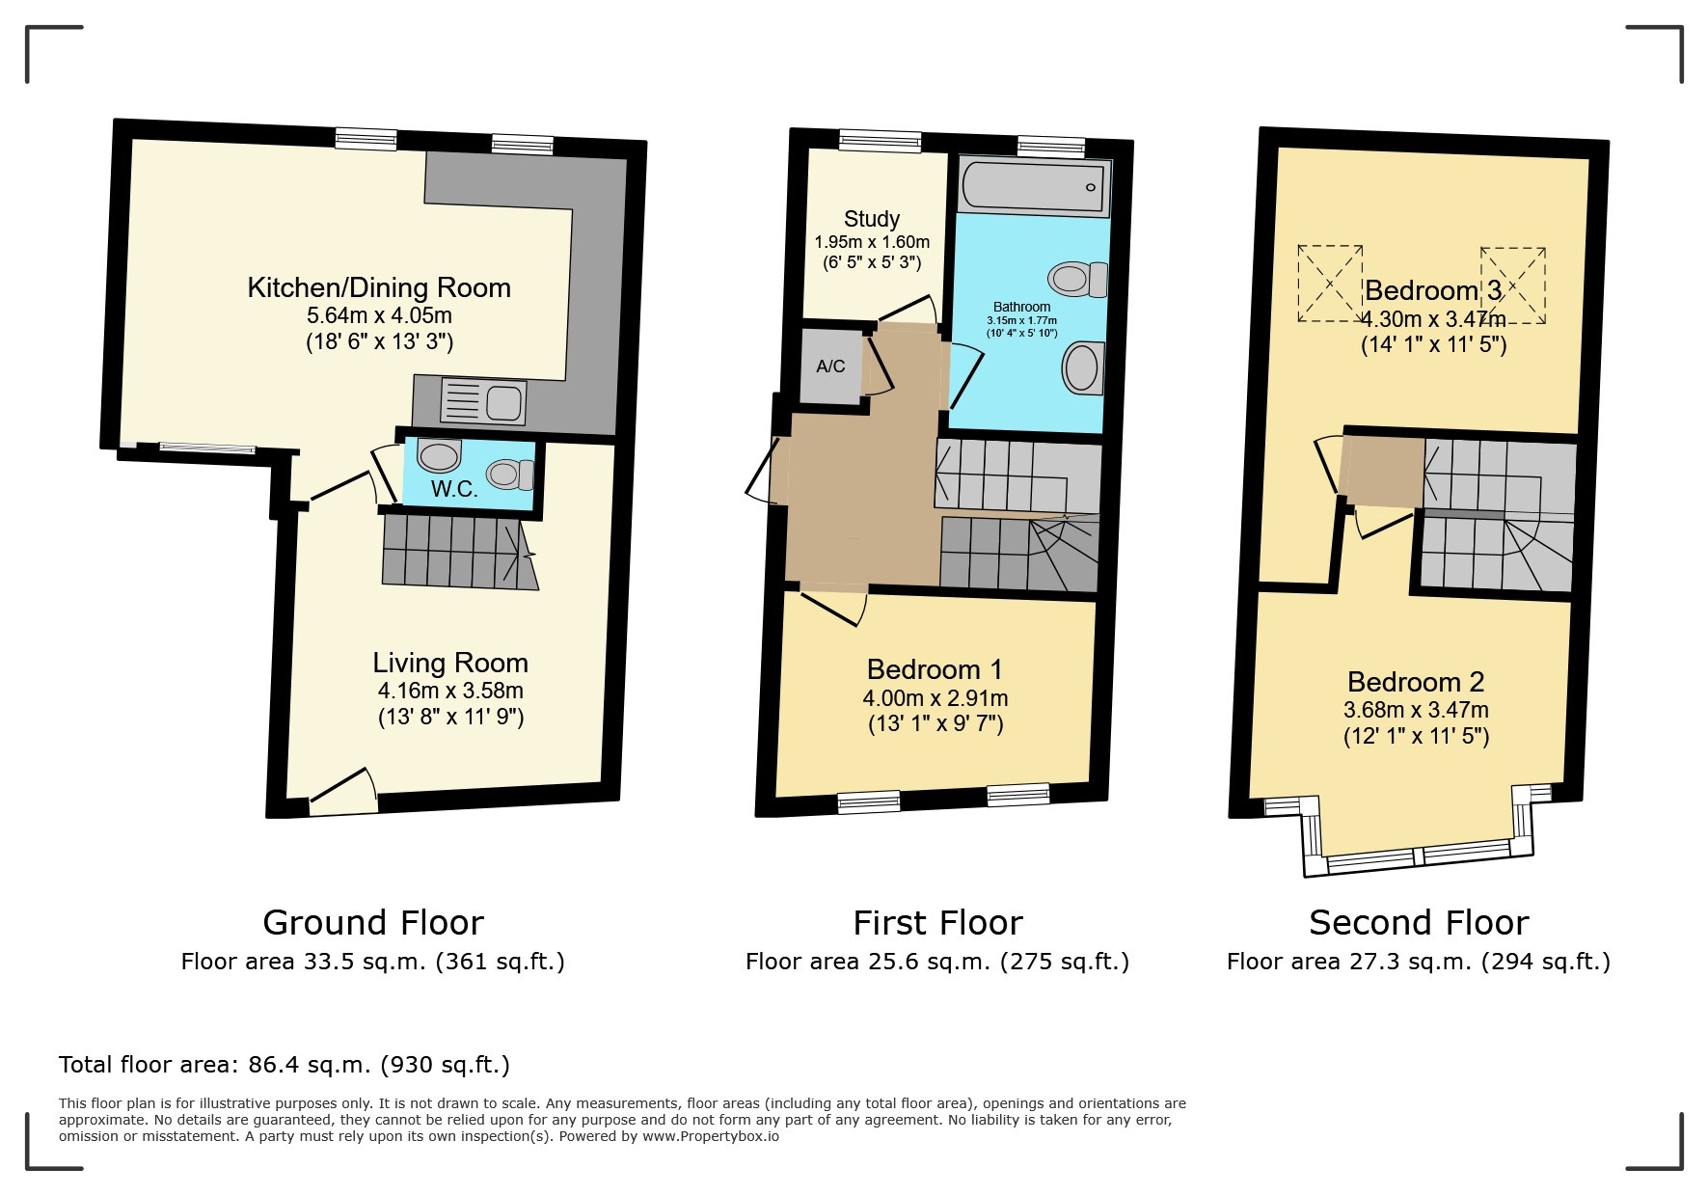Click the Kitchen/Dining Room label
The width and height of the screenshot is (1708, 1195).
click(379, 287)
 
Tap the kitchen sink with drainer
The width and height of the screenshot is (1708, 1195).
click(483, 401)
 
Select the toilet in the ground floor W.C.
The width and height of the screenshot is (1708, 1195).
click(510, 474)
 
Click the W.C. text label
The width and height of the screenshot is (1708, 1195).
click(454, 489)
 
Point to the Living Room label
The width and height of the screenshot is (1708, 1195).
click(450, 663)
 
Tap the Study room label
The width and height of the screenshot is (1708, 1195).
click(872, 219)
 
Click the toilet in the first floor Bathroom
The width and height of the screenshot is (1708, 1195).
click(1078, 279)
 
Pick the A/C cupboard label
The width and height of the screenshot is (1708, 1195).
click(830, 367)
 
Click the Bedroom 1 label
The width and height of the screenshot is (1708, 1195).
click(935, 669)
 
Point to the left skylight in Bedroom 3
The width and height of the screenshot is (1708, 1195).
click(1330, 284)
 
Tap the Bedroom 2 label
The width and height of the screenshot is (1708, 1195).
click(1416, 682)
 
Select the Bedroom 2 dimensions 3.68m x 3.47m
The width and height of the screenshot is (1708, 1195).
click(1416, 711)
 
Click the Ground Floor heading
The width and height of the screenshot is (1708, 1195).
click(373, 923)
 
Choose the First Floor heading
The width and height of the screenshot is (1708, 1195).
click(937, 923)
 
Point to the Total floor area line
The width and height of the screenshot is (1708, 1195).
click(285, 1065)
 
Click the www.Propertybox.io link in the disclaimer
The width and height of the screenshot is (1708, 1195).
click(711, 1136)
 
